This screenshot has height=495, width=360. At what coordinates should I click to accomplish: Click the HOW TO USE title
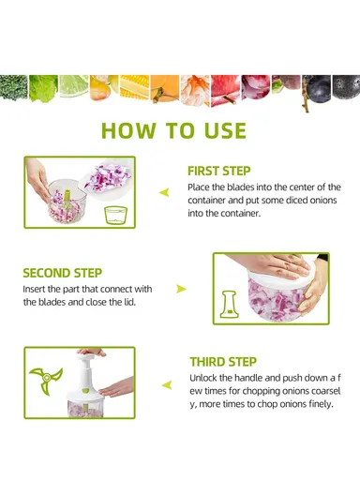(173, 130)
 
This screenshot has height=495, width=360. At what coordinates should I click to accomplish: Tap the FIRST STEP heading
(219, 171)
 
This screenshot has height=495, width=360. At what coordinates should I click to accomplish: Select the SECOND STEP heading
(63, 273)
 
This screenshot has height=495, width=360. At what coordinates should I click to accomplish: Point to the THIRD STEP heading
(223, 362)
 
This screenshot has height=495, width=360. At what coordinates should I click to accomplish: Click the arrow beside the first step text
(164, 192)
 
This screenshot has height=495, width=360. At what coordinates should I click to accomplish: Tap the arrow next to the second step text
(181, 289)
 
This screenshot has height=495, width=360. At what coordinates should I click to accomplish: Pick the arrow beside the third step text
(167, 385)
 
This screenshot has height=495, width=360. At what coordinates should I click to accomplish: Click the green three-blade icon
(46, 380)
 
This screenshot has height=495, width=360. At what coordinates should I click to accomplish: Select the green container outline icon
(116, 216)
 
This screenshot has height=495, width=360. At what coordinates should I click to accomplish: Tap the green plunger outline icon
(230, 305)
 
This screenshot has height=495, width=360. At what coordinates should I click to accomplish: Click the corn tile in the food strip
(134, 87)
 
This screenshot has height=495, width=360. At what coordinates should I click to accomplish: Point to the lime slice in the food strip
(74, 86)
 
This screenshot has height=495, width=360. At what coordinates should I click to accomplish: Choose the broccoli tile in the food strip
(13, 87)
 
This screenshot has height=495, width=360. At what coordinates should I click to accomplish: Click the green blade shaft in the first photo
(67, 200)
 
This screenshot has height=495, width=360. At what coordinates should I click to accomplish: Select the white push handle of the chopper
(86, 371)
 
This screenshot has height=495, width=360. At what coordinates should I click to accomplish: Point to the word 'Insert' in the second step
(34, 289)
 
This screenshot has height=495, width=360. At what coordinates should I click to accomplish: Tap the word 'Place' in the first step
(199, 187)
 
